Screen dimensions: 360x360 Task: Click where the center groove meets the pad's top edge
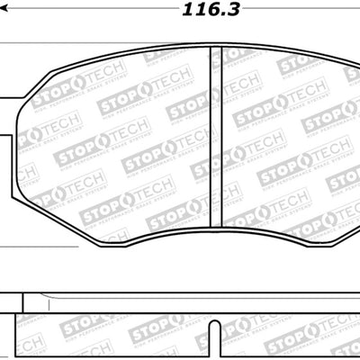(215, 47)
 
